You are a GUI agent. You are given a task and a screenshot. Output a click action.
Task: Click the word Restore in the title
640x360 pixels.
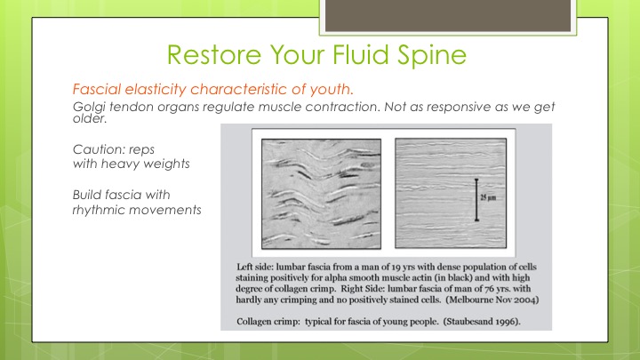pyautogui.click(x=214, y=55)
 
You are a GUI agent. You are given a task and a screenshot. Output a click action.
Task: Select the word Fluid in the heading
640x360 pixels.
pyautogui.click(x=360, y=54)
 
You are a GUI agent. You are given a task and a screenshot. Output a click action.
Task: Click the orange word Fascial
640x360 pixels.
pyautogui.click(x=97, y=89)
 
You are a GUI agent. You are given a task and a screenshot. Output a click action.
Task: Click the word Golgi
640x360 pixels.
pyautogui.click(x=90, y=107)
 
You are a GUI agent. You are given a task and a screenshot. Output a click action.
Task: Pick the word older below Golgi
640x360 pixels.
pyautogui.click(x=90, y=119)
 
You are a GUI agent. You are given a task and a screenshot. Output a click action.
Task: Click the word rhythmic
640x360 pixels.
pyautogui.click(x=98, y=210)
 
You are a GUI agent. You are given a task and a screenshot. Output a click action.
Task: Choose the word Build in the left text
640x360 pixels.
pyautogui.click(x=86, y=195)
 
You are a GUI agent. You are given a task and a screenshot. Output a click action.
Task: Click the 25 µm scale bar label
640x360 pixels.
pyautogui.click(x=488, y=198)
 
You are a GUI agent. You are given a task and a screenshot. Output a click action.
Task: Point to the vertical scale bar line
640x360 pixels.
pyautogui.click(x=476, y=200)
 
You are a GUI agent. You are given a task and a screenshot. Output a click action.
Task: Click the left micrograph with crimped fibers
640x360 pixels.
pyautogui.click(x=321, y=194)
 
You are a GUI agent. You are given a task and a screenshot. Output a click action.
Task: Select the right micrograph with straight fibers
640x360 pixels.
pyautogui.click(x=451, y=193)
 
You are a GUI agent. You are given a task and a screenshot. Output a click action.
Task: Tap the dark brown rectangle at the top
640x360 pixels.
pyautogui.click(x=448, y=15)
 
